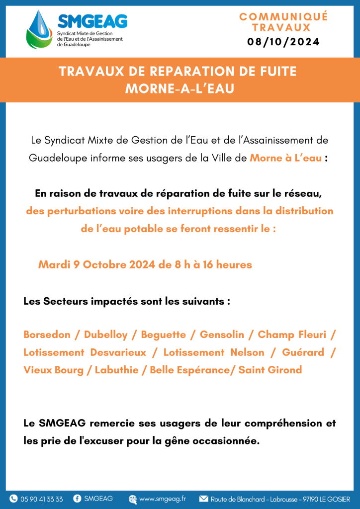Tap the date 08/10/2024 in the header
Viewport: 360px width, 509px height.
point(283,42)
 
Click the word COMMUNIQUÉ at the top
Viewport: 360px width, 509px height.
point(283,16)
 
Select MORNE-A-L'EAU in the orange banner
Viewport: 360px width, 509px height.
point(180,88)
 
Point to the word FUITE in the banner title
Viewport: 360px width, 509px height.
point(275,72)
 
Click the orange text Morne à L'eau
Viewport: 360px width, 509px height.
point(285,158)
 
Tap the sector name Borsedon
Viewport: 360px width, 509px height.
point(47,335)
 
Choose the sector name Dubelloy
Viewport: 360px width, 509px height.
point(105,335)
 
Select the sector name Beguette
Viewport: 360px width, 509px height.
point(163,335)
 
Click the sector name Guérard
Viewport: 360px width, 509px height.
point(303,352)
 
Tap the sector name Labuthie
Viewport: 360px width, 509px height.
point(117,370)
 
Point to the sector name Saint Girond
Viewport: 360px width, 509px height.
point(270,370)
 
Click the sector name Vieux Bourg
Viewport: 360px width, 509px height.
point(53,370)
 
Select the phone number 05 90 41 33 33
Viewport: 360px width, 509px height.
point(42,499)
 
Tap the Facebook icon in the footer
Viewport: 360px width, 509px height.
point(77,499)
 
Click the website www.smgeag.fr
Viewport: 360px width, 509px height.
point(163,499)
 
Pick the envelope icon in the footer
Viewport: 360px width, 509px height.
point(203,499)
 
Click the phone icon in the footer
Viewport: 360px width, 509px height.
point(13,499)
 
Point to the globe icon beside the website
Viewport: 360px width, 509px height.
point(133,499)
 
